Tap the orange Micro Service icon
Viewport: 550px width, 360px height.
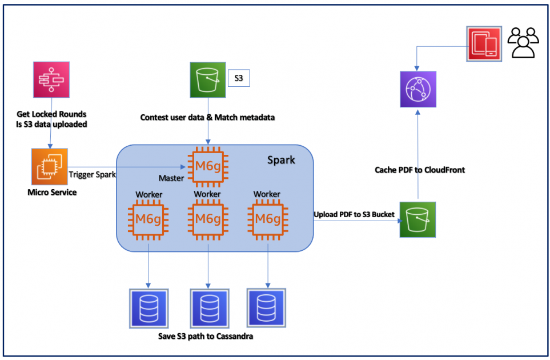tap(50, 166)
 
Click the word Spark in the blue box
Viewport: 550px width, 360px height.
tap(281, 159)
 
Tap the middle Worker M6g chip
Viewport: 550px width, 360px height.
tap(208, 218)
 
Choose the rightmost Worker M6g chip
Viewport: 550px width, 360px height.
tap(267, 218)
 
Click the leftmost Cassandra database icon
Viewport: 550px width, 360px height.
tap(149, 309)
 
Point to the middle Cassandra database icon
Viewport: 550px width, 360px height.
tap(209, 309)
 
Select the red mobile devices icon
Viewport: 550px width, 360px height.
tap(484, 43)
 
